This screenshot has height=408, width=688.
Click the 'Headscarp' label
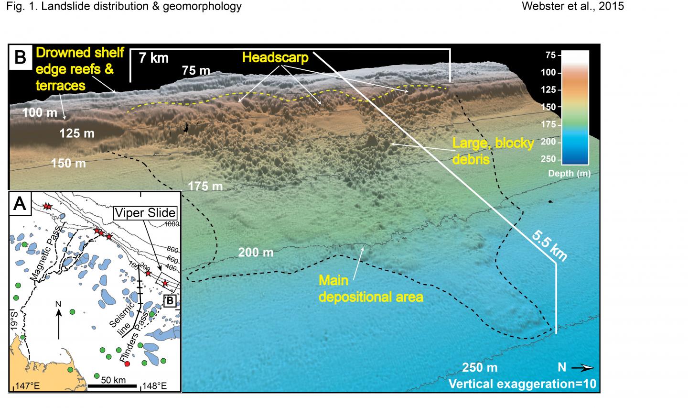274,58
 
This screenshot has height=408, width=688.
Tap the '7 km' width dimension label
153,58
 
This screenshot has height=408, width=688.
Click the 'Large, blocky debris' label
492,151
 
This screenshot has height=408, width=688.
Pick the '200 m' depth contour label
256,252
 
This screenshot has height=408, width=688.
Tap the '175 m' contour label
205,186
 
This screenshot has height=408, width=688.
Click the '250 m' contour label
480,367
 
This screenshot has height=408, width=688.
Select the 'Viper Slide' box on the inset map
144,213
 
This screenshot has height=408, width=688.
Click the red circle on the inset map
127,364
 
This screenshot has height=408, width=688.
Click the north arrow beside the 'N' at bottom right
583,368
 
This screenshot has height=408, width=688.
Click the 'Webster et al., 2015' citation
573,7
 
